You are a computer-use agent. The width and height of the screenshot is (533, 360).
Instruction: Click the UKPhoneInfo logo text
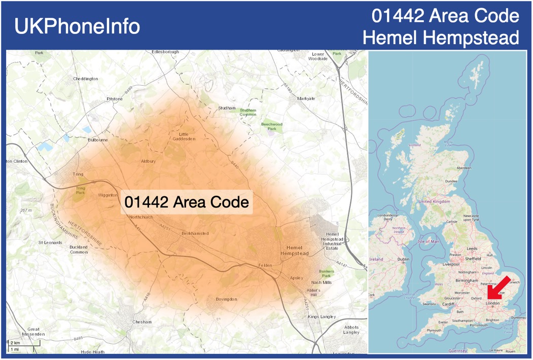point(77,26)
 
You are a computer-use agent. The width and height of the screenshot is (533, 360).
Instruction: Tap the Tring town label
point(78,174)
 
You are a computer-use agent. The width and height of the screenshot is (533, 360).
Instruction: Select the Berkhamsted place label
point(195,233)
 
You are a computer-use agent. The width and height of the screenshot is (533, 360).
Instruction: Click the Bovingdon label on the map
point(226,299)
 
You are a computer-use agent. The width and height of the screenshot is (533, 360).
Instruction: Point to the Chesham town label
point(142,322)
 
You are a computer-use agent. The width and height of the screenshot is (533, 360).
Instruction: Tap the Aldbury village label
point(148,161)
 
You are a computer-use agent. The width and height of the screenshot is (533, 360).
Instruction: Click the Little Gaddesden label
point(184,136)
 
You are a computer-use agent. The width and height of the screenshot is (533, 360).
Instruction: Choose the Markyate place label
point(306,98)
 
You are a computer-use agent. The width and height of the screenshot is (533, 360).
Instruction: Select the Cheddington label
point(86,79)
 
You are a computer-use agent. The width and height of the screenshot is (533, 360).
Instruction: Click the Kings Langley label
point(322,317)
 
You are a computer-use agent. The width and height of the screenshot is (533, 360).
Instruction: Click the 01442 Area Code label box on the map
point(187,202)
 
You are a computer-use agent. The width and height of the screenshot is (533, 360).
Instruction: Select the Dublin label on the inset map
point(403,259)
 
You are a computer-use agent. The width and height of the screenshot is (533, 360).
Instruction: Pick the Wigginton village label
point(108,195)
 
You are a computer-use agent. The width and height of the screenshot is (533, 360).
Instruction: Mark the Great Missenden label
point(33,332)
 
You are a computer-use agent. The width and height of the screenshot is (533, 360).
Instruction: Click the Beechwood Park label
point(271,126)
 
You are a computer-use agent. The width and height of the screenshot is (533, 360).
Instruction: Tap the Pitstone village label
point(115,98)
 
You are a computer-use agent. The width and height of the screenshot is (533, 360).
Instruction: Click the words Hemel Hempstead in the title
point(441,38)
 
